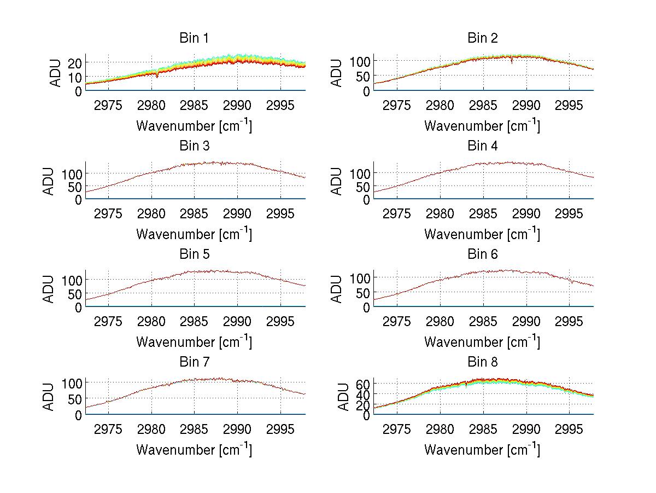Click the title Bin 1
tap(194, 38)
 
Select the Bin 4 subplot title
tap(482, 146)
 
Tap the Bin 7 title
tap(194, 362)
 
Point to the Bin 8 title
tap(482, 362)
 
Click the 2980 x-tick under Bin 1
tap(151, 105)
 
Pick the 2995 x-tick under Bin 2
tap(569, 105)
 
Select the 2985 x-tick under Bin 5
tap(195, 321)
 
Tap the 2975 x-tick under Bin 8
tap(396, 429)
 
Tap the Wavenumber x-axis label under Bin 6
tap(482, 342)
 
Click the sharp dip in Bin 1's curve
tap(157, 76)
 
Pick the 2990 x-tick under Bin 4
tap(526, 213)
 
